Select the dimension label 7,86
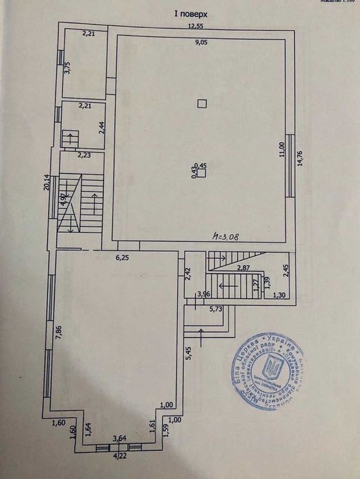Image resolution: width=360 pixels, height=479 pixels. click(x=59, y=333)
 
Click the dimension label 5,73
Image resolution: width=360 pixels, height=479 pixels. click(x=215, y=309)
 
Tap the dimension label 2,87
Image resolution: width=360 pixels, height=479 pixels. click(x=244, y=268)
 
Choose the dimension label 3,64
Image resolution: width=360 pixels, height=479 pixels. click(x=119, y=439)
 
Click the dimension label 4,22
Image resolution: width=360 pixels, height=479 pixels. click(x=119, y=454)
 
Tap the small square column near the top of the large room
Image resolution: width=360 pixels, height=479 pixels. click(x=201, y=104)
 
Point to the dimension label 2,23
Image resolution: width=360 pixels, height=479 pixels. click(x=84, y=155)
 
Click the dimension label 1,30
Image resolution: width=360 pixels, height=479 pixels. click(x=279, y=295)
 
